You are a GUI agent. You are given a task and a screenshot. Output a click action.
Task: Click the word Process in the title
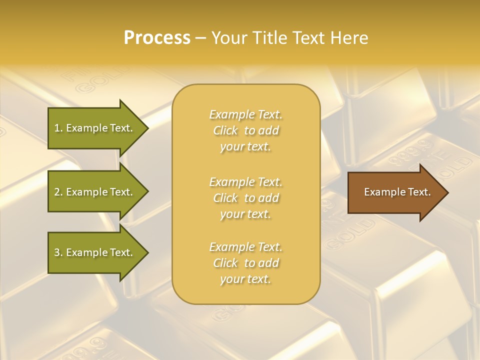(157, 38)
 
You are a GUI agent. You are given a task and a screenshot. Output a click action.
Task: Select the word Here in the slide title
(348, 38)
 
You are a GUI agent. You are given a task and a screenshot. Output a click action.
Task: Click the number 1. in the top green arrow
(58, 128)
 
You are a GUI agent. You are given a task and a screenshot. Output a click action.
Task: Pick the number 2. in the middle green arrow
(58, 192)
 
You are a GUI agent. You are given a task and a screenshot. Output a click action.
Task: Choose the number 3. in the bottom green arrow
(58, 252)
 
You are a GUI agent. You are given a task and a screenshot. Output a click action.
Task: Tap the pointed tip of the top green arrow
(147, 128)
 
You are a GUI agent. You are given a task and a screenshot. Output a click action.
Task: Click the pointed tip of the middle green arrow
(147, 192)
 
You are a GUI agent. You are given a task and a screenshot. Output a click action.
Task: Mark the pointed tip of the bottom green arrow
(147, 252)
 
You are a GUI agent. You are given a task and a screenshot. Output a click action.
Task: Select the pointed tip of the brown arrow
(447, 192)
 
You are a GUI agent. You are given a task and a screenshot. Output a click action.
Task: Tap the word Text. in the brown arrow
(418, 192)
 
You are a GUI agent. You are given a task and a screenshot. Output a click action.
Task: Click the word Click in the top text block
(225, 130)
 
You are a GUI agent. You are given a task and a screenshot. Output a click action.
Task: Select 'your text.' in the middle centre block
(245, 214)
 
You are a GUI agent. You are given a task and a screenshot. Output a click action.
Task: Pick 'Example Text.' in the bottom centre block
(245, 247)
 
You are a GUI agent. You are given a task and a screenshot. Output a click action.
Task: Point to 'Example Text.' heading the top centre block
(245, 114)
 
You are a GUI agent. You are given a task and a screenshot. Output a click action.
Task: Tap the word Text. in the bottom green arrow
(120, 252)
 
